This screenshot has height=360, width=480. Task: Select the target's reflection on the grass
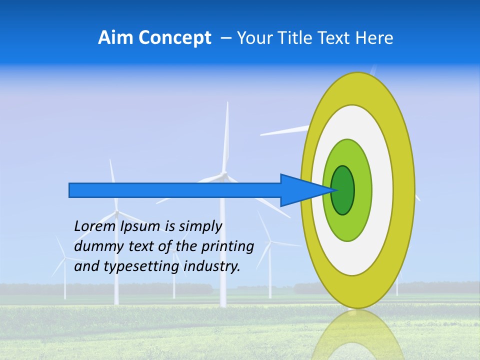click(357, 335)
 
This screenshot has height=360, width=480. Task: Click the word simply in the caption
click(200, 226)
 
